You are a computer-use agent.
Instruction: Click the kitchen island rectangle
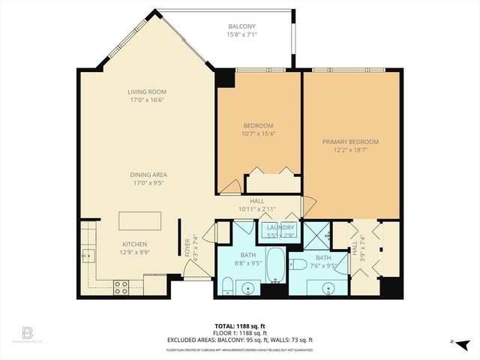tap(139, 222)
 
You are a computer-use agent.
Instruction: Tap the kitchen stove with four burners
tap(121, 286)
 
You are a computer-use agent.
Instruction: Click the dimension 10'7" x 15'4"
tap(258, 134)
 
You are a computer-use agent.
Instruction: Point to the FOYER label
tap(187, 247)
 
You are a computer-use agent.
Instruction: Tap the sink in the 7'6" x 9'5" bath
tap(328, 287)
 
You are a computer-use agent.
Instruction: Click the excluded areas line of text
tap(240, 340)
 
